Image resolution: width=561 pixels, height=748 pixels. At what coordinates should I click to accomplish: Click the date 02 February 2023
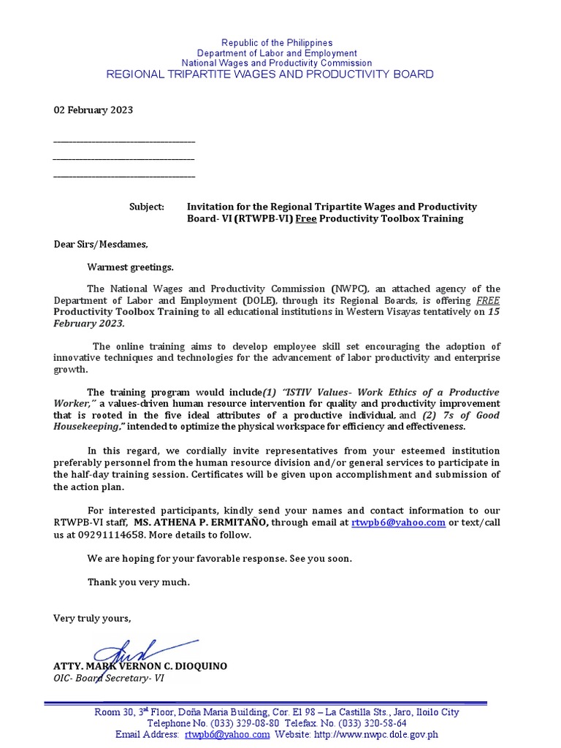(93, 110)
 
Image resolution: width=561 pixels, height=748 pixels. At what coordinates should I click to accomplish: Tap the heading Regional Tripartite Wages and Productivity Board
(270, 75)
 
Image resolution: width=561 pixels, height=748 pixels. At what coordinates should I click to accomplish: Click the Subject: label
(147, 207)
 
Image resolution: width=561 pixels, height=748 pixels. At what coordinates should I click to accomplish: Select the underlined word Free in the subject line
(306, 218)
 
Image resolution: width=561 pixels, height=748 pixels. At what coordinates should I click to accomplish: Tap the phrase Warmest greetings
(131, 267)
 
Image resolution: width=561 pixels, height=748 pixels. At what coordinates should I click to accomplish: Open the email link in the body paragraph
(398, 523)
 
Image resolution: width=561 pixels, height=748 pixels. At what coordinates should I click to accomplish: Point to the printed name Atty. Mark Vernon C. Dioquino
(140, 666)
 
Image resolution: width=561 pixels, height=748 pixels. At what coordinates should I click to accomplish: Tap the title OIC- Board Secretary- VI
(109, 678)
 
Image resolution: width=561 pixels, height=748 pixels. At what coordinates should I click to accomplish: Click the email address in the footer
(227, 734)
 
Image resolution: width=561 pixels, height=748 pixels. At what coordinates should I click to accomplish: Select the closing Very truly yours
(92, 619)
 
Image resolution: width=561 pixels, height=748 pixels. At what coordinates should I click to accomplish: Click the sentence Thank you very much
(139, 582)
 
